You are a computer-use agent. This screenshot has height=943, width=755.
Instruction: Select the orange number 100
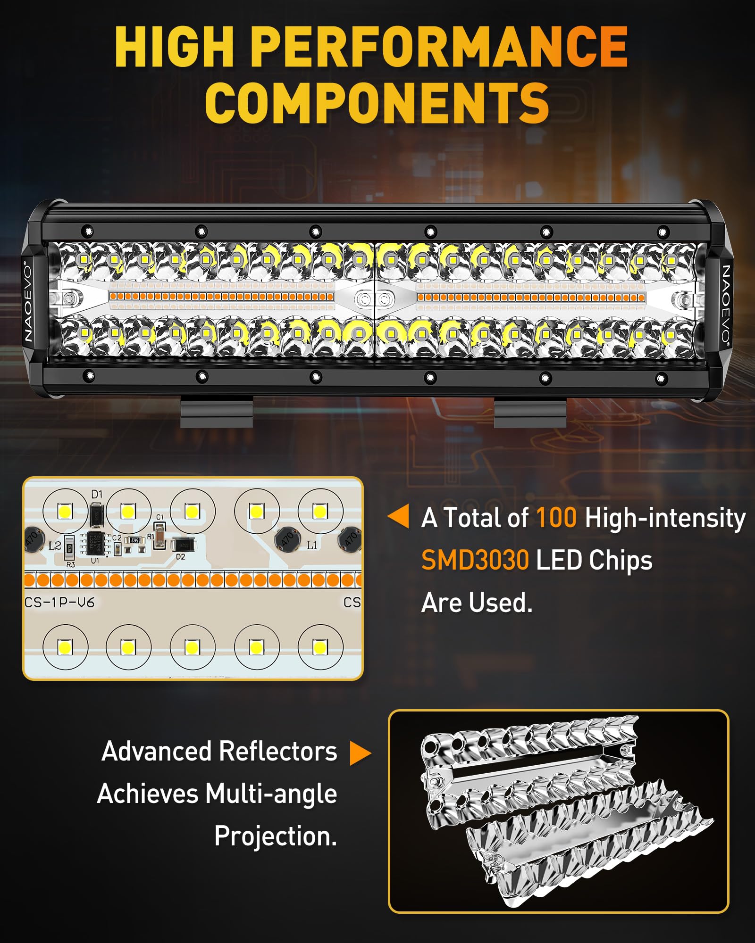556,518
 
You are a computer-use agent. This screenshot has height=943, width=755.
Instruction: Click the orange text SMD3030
475,561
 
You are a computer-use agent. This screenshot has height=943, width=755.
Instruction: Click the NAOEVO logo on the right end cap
726,304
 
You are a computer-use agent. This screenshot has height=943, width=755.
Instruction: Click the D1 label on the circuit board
97,494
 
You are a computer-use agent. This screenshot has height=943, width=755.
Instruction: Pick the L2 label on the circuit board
55,546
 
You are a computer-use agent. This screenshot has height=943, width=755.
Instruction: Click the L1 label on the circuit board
312,545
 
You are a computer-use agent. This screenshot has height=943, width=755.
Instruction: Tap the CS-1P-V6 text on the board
59,602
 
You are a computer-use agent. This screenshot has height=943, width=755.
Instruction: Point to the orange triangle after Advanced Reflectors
360,753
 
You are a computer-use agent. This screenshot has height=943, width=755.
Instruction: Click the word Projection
276,836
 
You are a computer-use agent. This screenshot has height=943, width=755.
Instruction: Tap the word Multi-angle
271,794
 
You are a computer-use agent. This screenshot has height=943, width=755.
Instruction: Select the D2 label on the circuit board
180,557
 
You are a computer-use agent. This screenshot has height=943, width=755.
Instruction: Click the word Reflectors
278,752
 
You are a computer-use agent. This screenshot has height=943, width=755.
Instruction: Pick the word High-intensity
665,518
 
